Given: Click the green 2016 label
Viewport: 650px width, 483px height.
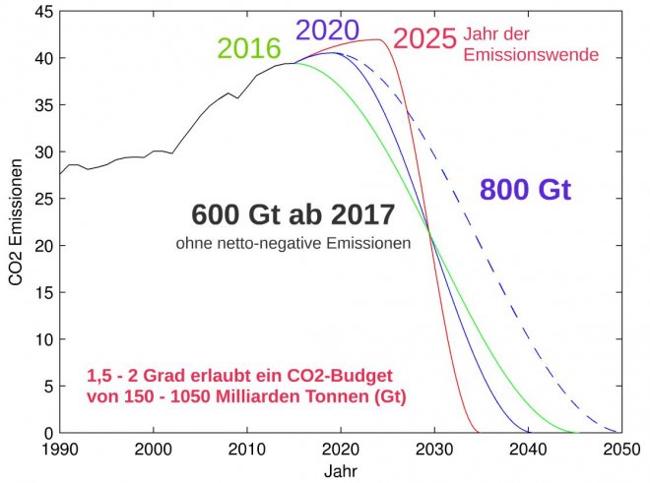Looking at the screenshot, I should pos(248,48).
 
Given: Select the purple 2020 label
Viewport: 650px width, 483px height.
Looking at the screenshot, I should pos(328,30).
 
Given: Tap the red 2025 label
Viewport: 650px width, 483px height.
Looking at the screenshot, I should pos(424,39).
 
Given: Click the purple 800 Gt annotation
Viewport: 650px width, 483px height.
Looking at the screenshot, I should pos(525,190).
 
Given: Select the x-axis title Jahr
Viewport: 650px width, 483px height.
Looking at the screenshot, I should pos(341,470).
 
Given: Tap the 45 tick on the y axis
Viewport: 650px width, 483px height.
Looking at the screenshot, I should pos(42,12).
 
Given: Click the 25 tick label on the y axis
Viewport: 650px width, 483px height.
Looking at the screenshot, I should pos(42,199).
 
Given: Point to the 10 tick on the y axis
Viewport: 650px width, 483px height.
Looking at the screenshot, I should pos(42,339).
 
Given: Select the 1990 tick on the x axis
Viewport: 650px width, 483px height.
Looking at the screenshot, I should pos(60,449).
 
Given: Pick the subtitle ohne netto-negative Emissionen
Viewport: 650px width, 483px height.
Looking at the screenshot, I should pos(292,242).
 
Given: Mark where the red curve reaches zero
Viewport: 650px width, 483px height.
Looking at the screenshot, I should pos(479,432).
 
